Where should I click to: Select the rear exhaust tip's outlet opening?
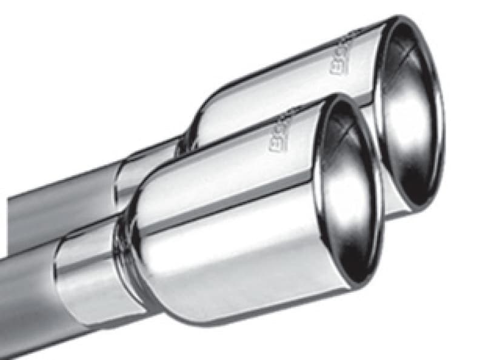pyautogui.click(x=412, y=115)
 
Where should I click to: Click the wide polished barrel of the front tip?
pyautogui.click(x=242, y=242)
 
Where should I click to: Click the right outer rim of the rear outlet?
pyautogui.click(x=440, y=121)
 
